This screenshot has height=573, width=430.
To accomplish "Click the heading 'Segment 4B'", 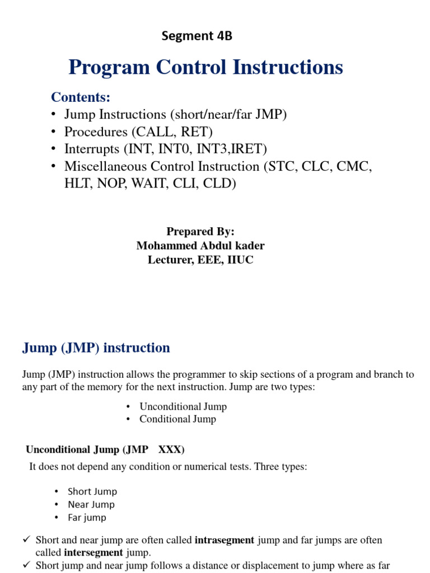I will pyautogui.click(x=197, y=36).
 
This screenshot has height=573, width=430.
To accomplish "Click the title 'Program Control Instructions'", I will pyautogui.click(x=205, y=68).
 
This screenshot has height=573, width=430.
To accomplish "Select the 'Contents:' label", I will pyautogui.click(x=81, y=97).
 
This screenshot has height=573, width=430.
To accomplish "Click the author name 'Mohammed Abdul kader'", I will pyautogui.click(x=200, y=246).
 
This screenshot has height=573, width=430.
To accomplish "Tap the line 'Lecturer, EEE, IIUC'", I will pyautogui.click(x=200, y=260).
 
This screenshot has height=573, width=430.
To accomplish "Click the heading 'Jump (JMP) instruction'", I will pyautogui.click(x=96, y=348).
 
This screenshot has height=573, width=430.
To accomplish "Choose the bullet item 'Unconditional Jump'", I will pyautogui.click(x=183, y=407).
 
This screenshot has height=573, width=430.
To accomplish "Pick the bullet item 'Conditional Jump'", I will pyautogui.click(x=177, y=419).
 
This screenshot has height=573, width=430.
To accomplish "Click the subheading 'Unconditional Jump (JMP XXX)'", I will pyautogui.click(x=105, y=450).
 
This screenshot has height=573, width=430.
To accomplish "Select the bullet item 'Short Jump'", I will pyautogui.click(x=92, y=492).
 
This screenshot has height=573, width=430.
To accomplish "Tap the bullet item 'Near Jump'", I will pyautogui.click(x=91, y=505).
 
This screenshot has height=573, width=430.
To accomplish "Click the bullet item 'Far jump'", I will pyautogui.click(x=87, y=518).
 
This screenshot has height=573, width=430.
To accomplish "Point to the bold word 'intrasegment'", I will pyautogui.click(x=224, y=541).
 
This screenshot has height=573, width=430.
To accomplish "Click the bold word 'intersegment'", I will pyautogui.click(x=94, y=553).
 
